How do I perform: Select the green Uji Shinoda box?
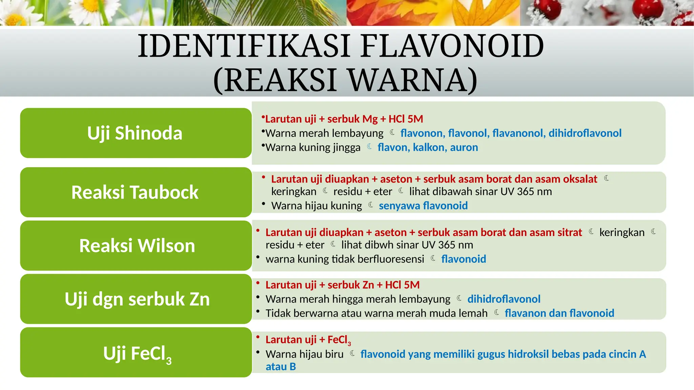136,133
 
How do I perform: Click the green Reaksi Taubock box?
136,192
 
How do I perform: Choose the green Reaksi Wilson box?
136,246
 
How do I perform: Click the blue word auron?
464,147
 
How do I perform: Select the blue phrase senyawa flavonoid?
423,205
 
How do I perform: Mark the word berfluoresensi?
390,259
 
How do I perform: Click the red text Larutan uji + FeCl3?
308,340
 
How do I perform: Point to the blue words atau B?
281,367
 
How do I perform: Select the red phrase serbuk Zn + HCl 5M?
373,285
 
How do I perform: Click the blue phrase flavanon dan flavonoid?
559,313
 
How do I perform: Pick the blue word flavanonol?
519,133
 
